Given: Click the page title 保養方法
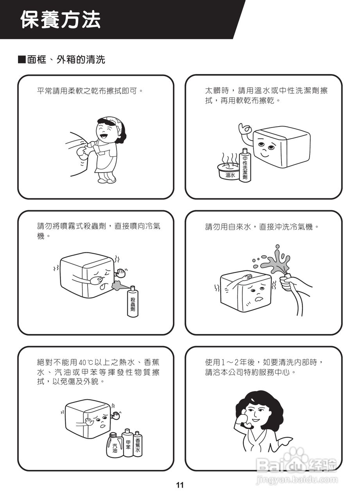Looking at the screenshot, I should coord(61,20).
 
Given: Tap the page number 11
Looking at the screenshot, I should coord(180,486).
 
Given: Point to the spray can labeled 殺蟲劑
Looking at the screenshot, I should coord(133,301).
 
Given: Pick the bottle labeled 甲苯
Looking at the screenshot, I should coord(128,443).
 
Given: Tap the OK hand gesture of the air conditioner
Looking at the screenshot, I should coord(245,129).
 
